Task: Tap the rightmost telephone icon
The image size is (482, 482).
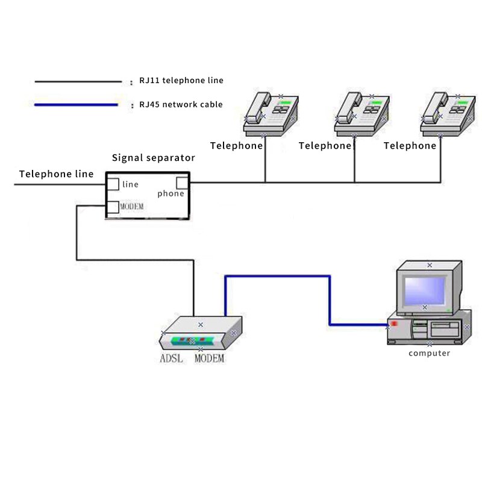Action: pos(446,113)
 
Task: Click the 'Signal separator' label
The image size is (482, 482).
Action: pos(154,158)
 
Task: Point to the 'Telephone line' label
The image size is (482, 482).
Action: pos(56,174)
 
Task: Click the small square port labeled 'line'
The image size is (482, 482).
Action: pos(113,184)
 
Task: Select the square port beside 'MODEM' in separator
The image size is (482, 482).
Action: pos(113,207)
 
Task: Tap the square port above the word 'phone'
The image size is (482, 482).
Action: pos(182,183)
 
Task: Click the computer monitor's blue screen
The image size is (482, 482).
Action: pos(425,292)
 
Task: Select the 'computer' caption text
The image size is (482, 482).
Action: pos(429,354)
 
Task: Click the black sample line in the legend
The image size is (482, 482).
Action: pos(78,81)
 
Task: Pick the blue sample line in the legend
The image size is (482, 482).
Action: pos(76,105)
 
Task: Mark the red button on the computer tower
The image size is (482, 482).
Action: pos(395,324)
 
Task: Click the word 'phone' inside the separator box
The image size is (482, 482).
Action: pos(171,193)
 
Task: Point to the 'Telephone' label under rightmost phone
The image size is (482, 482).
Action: pos(410,146)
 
